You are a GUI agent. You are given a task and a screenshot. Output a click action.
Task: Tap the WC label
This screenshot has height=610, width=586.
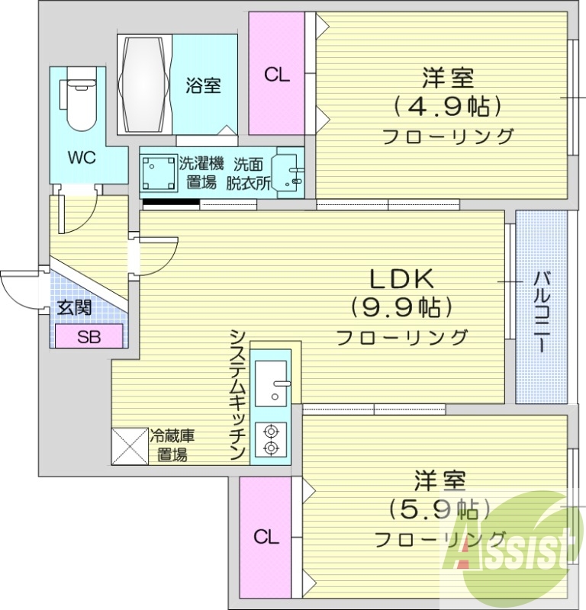81,158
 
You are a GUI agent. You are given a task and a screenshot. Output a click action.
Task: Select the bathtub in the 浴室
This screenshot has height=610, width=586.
144,84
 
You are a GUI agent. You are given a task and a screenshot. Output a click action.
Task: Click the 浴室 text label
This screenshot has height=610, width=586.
202,85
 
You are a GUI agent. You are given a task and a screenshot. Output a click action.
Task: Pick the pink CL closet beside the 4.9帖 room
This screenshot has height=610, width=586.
277,75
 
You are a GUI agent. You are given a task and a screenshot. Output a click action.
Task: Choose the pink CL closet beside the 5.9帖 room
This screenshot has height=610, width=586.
266,537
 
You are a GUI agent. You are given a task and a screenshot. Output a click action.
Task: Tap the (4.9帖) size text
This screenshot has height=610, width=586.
447,106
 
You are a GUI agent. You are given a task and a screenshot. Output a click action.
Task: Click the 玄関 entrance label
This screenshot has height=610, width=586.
75,309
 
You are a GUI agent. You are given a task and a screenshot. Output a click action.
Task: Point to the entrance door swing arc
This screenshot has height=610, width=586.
17,289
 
